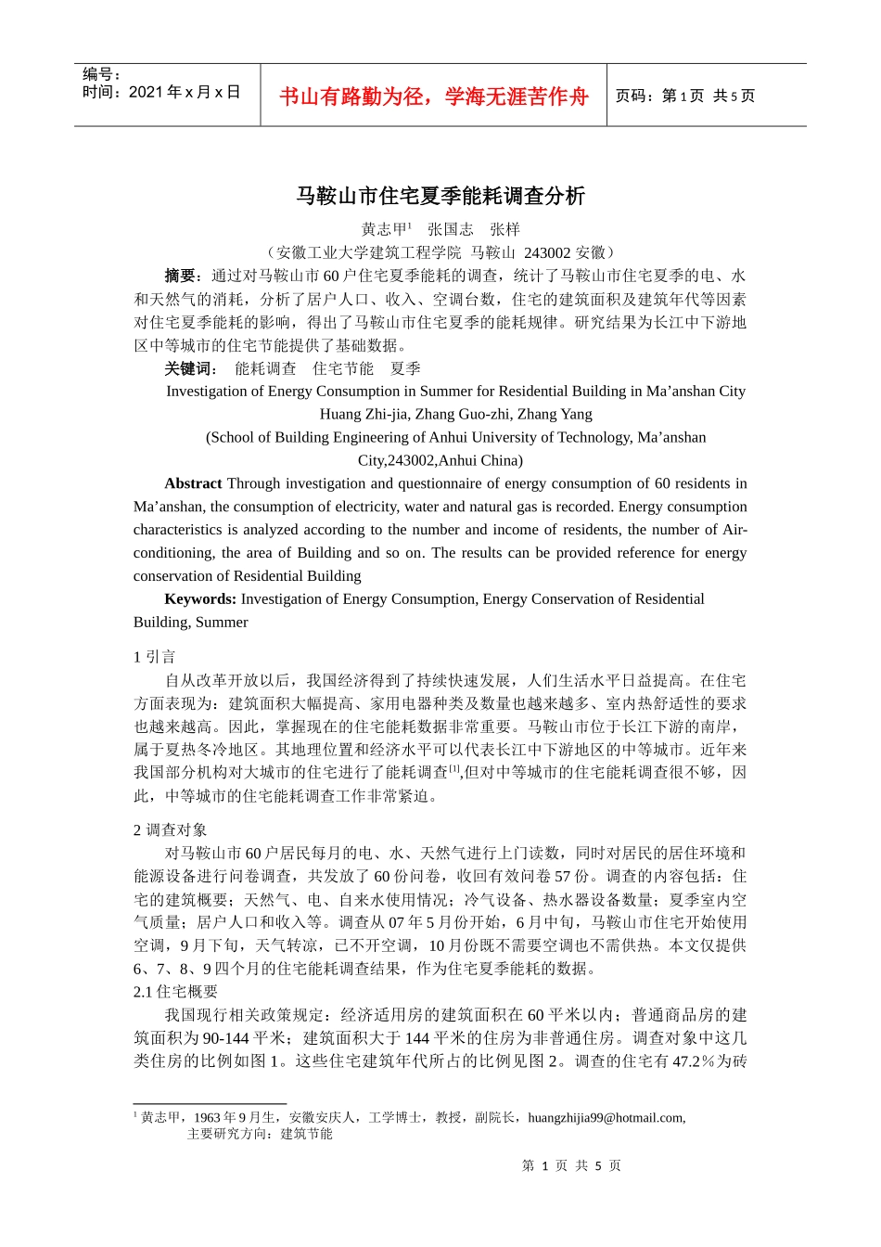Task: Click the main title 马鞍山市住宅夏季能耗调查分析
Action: pos(440,196)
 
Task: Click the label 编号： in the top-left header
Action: pos(102,74)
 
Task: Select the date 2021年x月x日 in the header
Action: pos(185,93)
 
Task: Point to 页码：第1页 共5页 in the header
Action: pos(685,96)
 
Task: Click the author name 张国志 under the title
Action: pos(450,229)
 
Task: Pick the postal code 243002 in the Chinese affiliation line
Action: pos(547,252)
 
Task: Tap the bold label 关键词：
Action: pos(191,368)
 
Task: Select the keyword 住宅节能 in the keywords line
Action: pos(343,368)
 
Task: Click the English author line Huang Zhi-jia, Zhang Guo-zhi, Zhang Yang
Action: pos(455,414)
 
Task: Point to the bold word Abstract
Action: pos(193,483)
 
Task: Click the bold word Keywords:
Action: pos(200,599)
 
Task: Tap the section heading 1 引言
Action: pos(154,657)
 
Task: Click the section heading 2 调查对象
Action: pos(170,830)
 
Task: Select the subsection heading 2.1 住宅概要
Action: pos(175,992)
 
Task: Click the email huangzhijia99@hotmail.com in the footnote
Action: pos(606,1118)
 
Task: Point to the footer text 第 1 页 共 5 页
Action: pos(571,1165)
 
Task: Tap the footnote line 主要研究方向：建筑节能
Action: pos(260,1134)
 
